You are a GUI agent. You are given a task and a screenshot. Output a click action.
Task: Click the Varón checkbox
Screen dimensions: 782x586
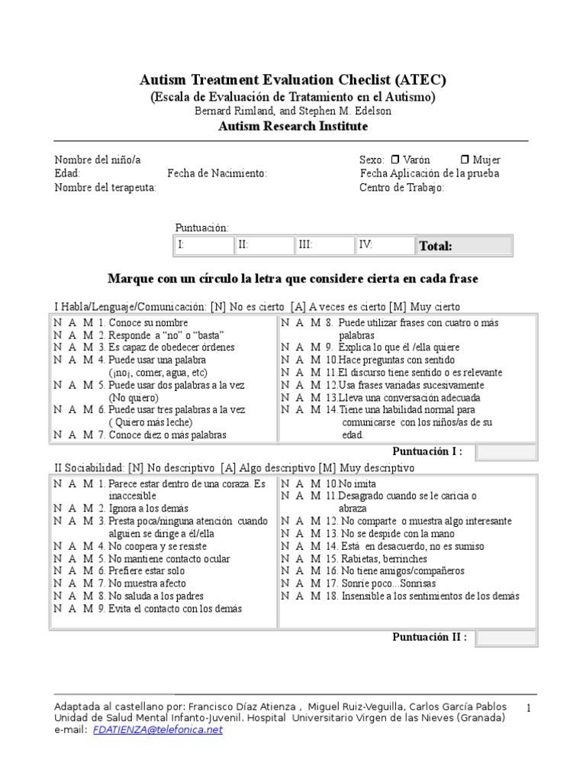[x=394, y=160]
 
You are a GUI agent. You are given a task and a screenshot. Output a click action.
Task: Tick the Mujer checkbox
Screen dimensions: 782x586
[x=465, y=160]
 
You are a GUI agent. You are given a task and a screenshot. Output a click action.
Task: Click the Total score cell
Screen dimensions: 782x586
[x=463, y=245]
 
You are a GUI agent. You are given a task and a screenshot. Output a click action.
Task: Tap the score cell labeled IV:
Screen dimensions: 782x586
[x=383, y=245]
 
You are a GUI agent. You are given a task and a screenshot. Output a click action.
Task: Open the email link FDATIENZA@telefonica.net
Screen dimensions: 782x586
[x=158, y=729]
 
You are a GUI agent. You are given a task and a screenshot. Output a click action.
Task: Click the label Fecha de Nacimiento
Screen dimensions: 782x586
[x=217, y=173]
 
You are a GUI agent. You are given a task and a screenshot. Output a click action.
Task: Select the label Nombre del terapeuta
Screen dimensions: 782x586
[x=105, y=187]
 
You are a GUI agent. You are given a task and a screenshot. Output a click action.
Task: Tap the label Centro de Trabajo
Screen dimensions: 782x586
[x=401, y=187]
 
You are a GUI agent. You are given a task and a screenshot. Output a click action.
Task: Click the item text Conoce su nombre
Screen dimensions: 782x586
[x=147, y=322]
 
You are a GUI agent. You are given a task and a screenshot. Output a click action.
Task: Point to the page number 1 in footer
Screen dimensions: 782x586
[x=527, y=709]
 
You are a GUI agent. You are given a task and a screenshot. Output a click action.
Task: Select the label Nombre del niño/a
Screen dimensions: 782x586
[x=97, y=160]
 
